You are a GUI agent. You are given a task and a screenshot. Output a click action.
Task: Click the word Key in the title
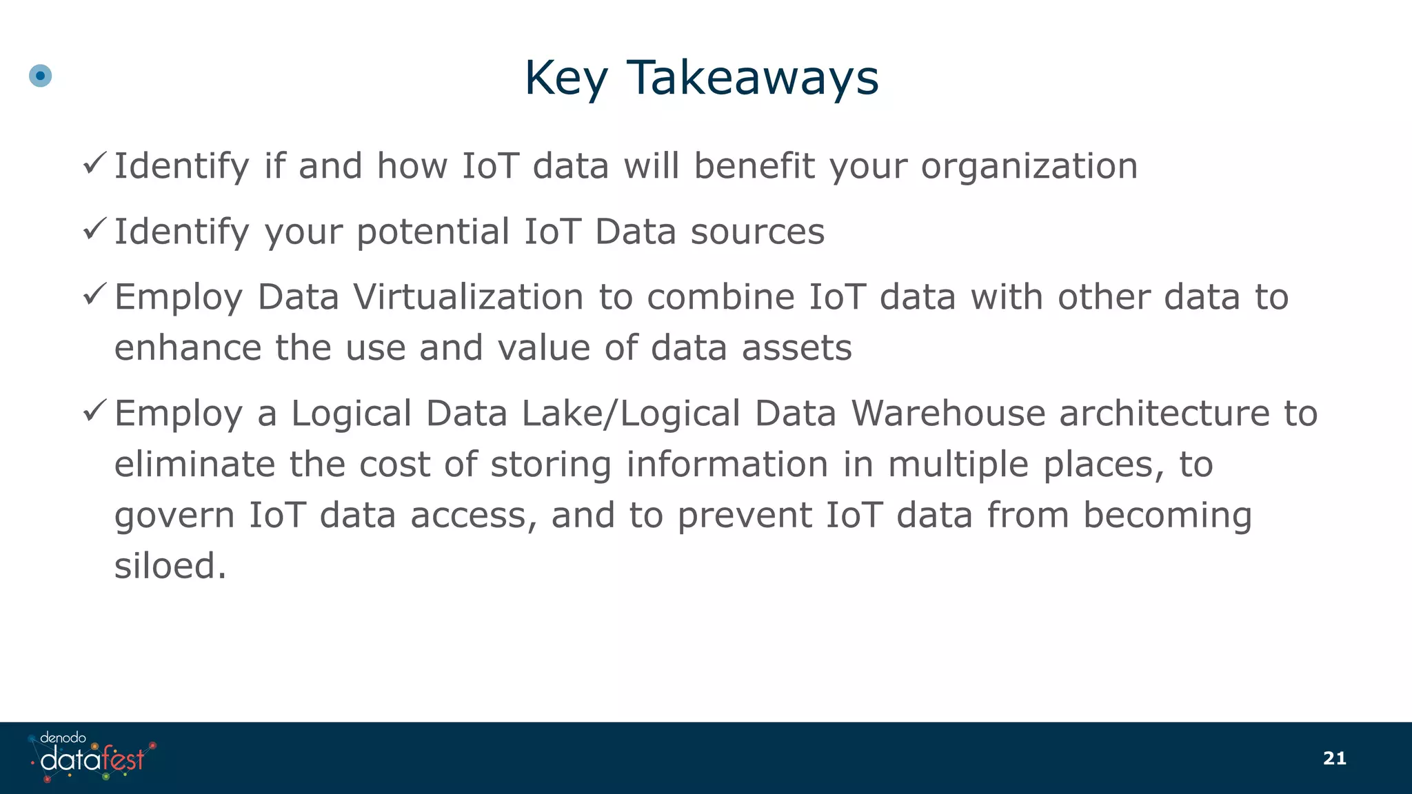click(x=566, y=77)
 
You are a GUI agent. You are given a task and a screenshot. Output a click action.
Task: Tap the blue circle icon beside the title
click(x=41, y=76)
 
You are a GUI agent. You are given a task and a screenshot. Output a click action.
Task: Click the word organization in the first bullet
click(x=1029, y=166)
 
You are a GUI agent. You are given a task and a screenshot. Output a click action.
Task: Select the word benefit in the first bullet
click(x=754, y=166)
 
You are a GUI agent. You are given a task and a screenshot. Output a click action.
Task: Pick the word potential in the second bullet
click(x=433, y=232)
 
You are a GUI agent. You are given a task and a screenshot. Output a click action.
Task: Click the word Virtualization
click(x=468, y=297)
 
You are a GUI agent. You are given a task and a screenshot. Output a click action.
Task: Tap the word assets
click(x=796, y=347)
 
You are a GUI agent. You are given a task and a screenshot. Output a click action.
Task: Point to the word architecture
click(x=1164, y=414)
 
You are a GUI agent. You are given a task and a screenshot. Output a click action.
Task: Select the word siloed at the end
click(x=170, y=566)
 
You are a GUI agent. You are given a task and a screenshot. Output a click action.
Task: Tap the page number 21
click(x=1334, y=758)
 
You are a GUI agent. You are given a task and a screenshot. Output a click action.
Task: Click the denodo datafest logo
click(x=92, y=757)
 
